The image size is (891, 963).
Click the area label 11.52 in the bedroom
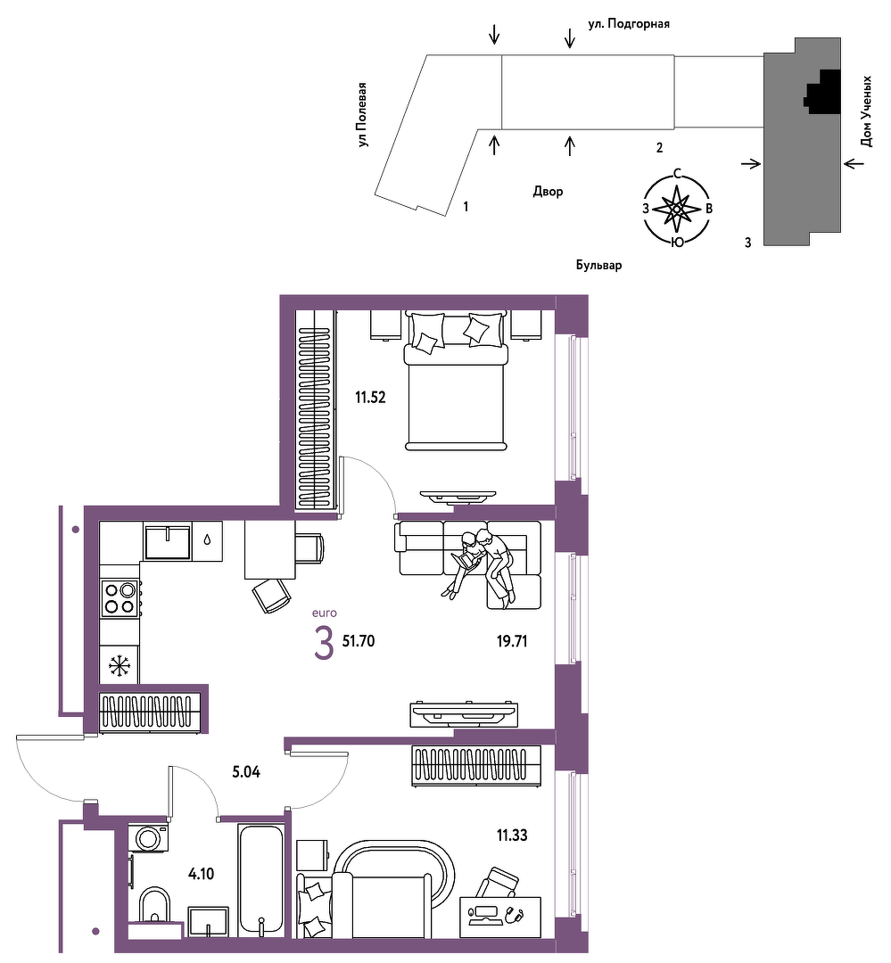[x=370, y=398]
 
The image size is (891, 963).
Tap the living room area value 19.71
[x=512, y=642]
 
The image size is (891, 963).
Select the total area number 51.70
[x=359, y=641]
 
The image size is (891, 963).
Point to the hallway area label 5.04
[x=246, y=772]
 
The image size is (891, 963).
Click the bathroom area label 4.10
[x=201, y=873]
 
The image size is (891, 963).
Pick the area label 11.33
[x=512, y=835]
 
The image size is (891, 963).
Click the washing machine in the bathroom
[x=148, y=837]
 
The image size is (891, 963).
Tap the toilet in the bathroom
[x=155, y=906]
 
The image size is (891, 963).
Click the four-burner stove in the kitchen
[x=120, y=599]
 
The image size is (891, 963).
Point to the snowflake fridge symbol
[x=120, y=666]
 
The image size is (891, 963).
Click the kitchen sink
[x=167, y=542]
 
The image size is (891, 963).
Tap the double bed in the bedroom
[x=456, y=381]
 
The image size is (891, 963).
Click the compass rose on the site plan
[x=677, y=209]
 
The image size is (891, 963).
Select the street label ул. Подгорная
[x=629, y=24]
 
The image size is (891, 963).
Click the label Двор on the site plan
[x=548, y=192]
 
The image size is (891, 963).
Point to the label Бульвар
[x=598, y=266]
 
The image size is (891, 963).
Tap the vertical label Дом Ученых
[x=866, y=111]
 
